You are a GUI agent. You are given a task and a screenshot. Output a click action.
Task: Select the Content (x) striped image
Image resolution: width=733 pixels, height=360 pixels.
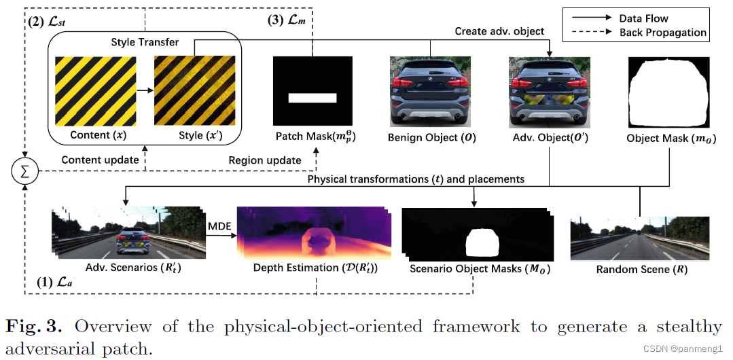[x=94, y=90]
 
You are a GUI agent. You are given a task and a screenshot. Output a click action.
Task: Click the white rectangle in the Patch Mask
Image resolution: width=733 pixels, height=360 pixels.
[x=312, y=98]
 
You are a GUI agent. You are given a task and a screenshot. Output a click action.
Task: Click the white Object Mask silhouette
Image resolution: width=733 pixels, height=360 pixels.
[x=668, y=91]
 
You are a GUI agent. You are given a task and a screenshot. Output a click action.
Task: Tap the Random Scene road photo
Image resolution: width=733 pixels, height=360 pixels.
[x=639, y=238]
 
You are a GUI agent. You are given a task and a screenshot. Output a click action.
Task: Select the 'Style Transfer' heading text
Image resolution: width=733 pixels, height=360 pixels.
[x=145, y=43]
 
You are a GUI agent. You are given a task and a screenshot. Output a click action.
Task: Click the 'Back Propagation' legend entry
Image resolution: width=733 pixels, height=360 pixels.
[x=662, y=32]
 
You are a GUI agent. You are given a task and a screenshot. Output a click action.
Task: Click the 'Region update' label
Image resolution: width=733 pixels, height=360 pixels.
[x=265, y=160]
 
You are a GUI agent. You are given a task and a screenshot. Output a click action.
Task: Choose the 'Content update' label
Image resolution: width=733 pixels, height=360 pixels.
[x=101, y=160]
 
